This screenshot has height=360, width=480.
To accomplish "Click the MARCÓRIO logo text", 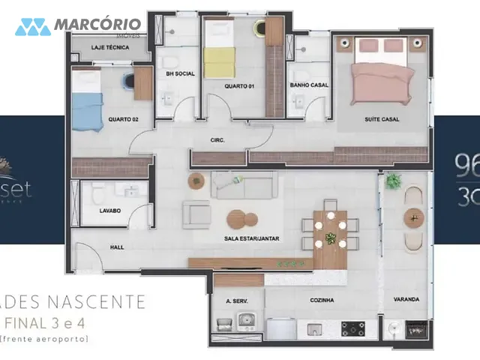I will pos(97,26).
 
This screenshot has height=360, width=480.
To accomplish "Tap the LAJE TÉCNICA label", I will pos(110,47).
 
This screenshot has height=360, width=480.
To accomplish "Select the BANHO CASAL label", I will pos(308,85).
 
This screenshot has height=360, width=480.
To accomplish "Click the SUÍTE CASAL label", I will pos(382,118).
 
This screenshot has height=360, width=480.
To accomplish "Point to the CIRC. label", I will pos(218,140).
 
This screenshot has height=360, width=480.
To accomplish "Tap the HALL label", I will pos(117,247).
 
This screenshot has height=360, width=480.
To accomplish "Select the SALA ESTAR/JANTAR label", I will pos(251,238).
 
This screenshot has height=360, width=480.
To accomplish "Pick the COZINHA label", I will pos(322,300).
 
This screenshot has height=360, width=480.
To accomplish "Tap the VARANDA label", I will pos(406,299).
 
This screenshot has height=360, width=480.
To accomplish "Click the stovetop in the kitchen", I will pos(353,328).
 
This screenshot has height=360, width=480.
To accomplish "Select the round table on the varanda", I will pos(414,217).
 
